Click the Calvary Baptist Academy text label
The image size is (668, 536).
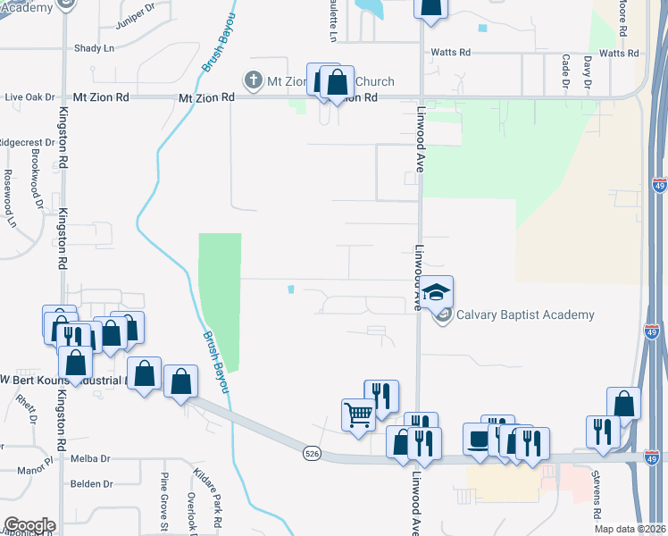[x=525, y=314]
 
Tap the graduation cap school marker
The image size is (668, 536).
[x=436, y=292]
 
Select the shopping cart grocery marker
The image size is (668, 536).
[x=358, y=414]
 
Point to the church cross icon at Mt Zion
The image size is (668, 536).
[x=253, y=80]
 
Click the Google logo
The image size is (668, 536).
[x=29, y=525]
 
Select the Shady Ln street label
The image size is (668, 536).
[x=96, y=47]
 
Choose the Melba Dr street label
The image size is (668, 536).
[x=90, y=458]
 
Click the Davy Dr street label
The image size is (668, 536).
[x=588, y=71]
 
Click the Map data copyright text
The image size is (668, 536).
[x=630, y=529]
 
